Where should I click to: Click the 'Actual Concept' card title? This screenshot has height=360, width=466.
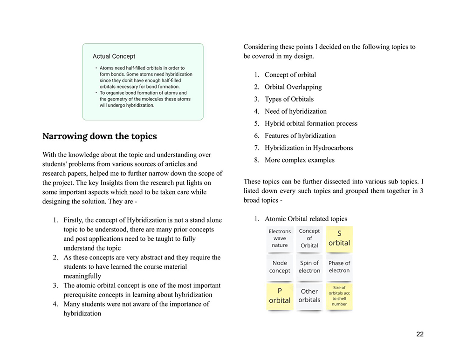click(x=114, y=56)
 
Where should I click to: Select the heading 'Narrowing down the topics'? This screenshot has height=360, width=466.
click(x=99, y=136)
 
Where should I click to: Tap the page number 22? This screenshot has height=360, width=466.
click(x=420, y=334)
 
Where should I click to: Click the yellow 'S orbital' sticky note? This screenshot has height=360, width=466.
click(x=339, y=238)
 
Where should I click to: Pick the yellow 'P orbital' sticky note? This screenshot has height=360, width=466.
click(x=280, y=296)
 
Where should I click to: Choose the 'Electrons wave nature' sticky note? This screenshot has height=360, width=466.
click(x=280, y=238)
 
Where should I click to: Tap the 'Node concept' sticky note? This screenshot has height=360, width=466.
click(x=280, y=267)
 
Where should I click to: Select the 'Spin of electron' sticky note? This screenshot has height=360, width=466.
click(x=309, y=267)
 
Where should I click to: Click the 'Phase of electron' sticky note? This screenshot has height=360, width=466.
click(x=339, y=267)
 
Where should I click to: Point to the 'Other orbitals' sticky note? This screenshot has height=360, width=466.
click(x=309, y=296)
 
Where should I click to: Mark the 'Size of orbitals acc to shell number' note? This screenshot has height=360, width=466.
click(x=339, y=296)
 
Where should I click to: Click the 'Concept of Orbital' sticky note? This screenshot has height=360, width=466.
click(x=309, y=238)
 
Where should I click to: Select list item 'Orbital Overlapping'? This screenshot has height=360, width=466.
click(x=293, y=87)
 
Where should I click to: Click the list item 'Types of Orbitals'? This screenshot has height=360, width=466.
click(x=289, y=99)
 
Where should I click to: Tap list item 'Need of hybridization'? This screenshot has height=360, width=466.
click(x=295, y=111)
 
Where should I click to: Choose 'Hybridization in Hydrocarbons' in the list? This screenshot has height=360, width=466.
click(x=308, y=148)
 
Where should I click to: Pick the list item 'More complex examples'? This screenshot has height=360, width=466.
click(x=299, y=160)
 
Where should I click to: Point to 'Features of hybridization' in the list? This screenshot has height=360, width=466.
click(x=300, y=136)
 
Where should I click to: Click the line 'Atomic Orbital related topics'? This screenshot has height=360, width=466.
click(x=306, y=219)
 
